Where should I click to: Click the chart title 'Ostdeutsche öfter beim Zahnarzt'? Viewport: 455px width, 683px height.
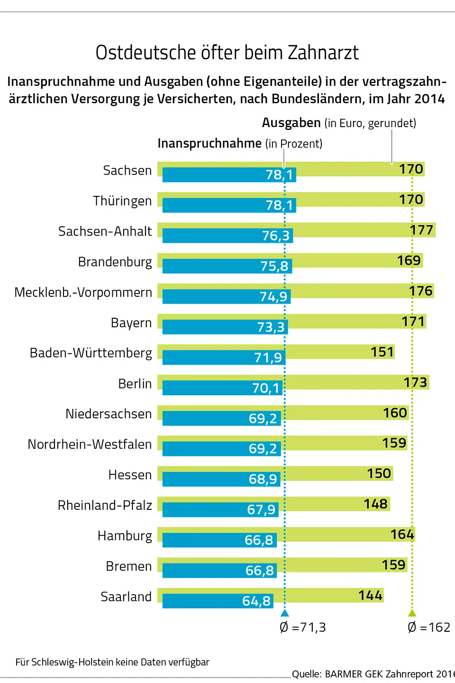coord(227,53)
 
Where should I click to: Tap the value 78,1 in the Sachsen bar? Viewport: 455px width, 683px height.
coord(280,175)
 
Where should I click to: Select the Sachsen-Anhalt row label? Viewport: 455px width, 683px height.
coord(105,231)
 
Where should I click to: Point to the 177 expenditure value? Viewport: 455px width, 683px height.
coord(421,230)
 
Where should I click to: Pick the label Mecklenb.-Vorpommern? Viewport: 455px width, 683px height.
coord(83,292)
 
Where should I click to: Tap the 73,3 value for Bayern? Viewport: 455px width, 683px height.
coord(271,327)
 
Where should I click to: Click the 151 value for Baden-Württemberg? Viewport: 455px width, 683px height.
coord(382,352)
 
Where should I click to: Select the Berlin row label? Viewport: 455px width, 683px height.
coord(135,384)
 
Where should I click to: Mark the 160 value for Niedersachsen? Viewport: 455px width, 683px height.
coord(395,413)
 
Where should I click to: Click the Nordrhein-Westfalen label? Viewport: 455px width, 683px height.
coord(90,444)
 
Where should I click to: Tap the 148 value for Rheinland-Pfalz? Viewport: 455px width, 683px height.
coord(375,504)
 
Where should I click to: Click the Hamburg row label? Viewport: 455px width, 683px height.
coord(125,536)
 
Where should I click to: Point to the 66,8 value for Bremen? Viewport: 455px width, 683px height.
coord(259,571)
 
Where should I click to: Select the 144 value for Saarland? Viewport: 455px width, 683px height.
coord(370,595)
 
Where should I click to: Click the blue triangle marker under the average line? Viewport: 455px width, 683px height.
coord(284,613)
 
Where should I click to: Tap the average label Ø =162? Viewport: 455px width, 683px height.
coord(429,628)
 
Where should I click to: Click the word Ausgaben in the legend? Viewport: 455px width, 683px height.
coord(291,123)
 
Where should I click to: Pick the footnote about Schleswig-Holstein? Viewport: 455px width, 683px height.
coord(112,662)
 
